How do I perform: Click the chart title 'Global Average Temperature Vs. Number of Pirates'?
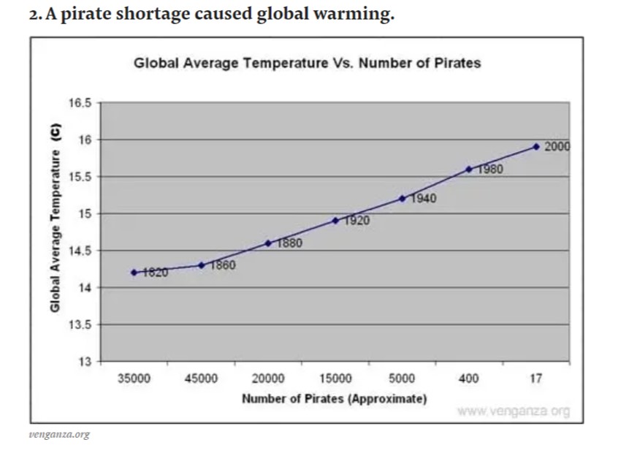[307, 63]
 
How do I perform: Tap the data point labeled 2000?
[536, 146]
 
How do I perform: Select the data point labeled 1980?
[469, 169]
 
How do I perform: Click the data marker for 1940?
[402, 198]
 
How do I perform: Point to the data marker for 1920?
[335, 220]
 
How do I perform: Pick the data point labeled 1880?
[268, 243]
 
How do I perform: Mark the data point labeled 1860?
[202, 265]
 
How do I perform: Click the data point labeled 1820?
[134, 272]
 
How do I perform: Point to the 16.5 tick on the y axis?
[80, 102]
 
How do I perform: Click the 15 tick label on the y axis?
[85, 213]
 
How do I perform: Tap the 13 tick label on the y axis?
[85, 362]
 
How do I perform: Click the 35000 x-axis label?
[134, 379]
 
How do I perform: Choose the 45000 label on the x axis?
[202, 379]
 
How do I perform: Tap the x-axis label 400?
[469, 379]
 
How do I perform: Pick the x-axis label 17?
[536, 379]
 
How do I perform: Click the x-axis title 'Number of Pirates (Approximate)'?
[335, 399]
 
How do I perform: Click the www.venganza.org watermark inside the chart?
[513, 411]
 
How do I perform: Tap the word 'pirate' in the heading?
[87, 15]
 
